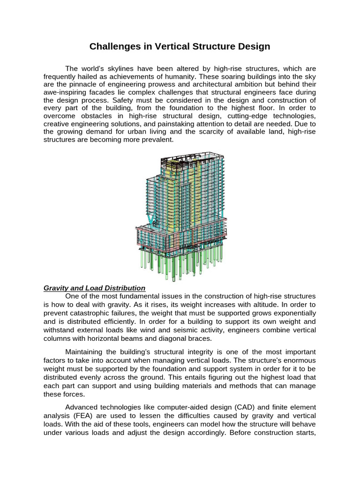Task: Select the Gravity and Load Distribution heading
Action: tap(94, 288)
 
